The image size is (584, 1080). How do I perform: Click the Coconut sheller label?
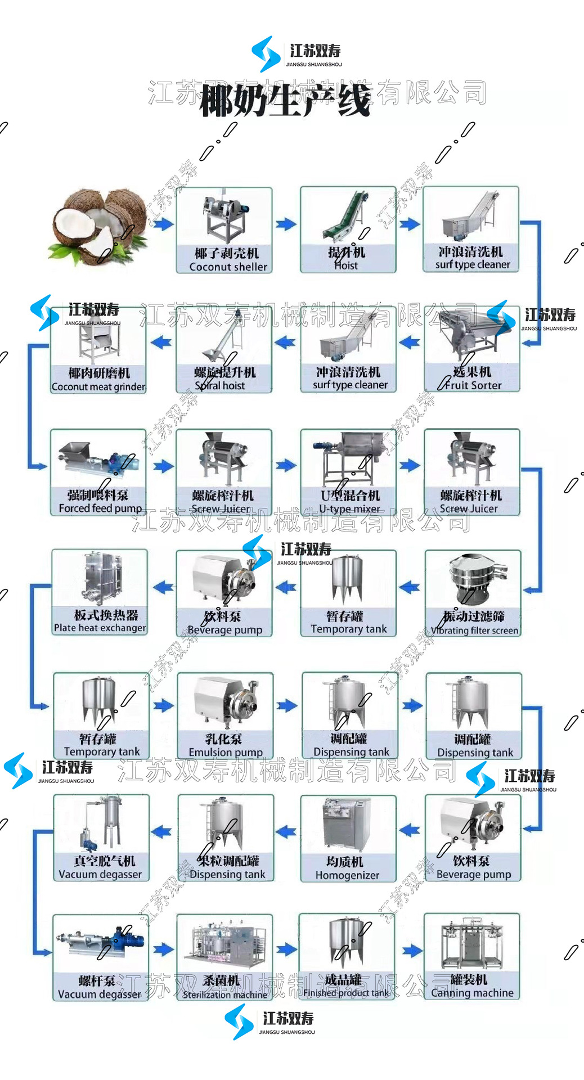click(x=228, y=267)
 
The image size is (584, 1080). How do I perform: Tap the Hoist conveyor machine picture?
click(x=348, y=216)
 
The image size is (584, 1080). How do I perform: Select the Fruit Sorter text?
click(x=473, y=385)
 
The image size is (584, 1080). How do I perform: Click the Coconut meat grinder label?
click(x=98, y=386)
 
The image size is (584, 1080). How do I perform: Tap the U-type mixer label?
click(x=349, y=508)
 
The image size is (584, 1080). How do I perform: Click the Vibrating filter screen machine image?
click(x=473, y=579)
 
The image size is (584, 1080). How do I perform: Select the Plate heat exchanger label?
click(x=100, y=628)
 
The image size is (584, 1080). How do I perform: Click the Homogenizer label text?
click(x=347, y=875)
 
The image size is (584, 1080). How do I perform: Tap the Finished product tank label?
click(x=347, y=993)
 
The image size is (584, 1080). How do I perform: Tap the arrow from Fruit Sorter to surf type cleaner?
click(x=410, y=342)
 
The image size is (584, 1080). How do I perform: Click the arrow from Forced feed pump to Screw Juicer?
click(x=163, y=466)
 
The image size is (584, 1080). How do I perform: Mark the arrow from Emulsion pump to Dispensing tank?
click(x=286, y=706)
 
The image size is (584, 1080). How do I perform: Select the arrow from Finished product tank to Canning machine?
click(x=411, y=951)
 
